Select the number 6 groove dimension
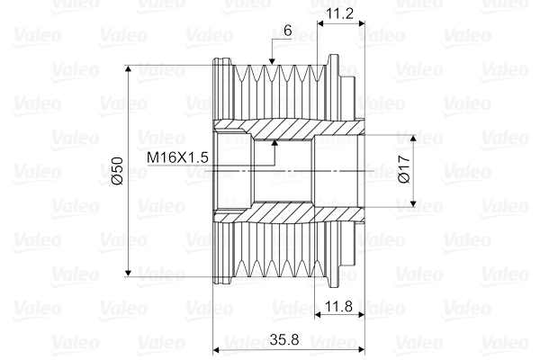coord(287,30)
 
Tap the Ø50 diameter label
coord(116,172)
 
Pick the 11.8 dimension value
coord(340,307)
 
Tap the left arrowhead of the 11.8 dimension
coord(320,317)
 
